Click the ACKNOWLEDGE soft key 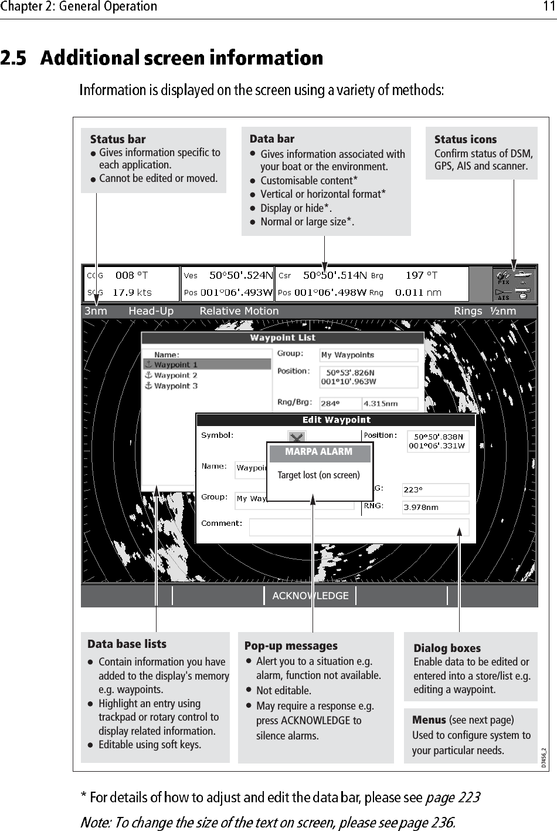click(x=310, y=596)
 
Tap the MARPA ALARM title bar click(x=319, y=452)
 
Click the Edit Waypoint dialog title click(x=336, y=420)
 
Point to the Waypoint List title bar click(x=282, y=338)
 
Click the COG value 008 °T click(x=131, y=275)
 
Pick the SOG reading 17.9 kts click(x=132, y=292)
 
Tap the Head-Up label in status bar click(x=151, y=311)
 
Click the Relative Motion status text click(x=239, y=311)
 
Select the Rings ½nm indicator click(x=485, y=311)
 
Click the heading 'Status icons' click(x=466, y=140)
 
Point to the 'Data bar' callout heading click(x=272, y=139)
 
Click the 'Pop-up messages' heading click(x=291, y=646)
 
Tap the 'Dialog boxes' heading click(x=447, y=648)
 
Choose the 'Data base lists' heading click(x=127, y=644)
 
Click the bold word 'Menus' click(x=429, y=719)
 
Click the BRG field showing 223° click(x=435, y=489)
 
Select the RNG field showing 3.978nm click(x=435, y=508)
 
